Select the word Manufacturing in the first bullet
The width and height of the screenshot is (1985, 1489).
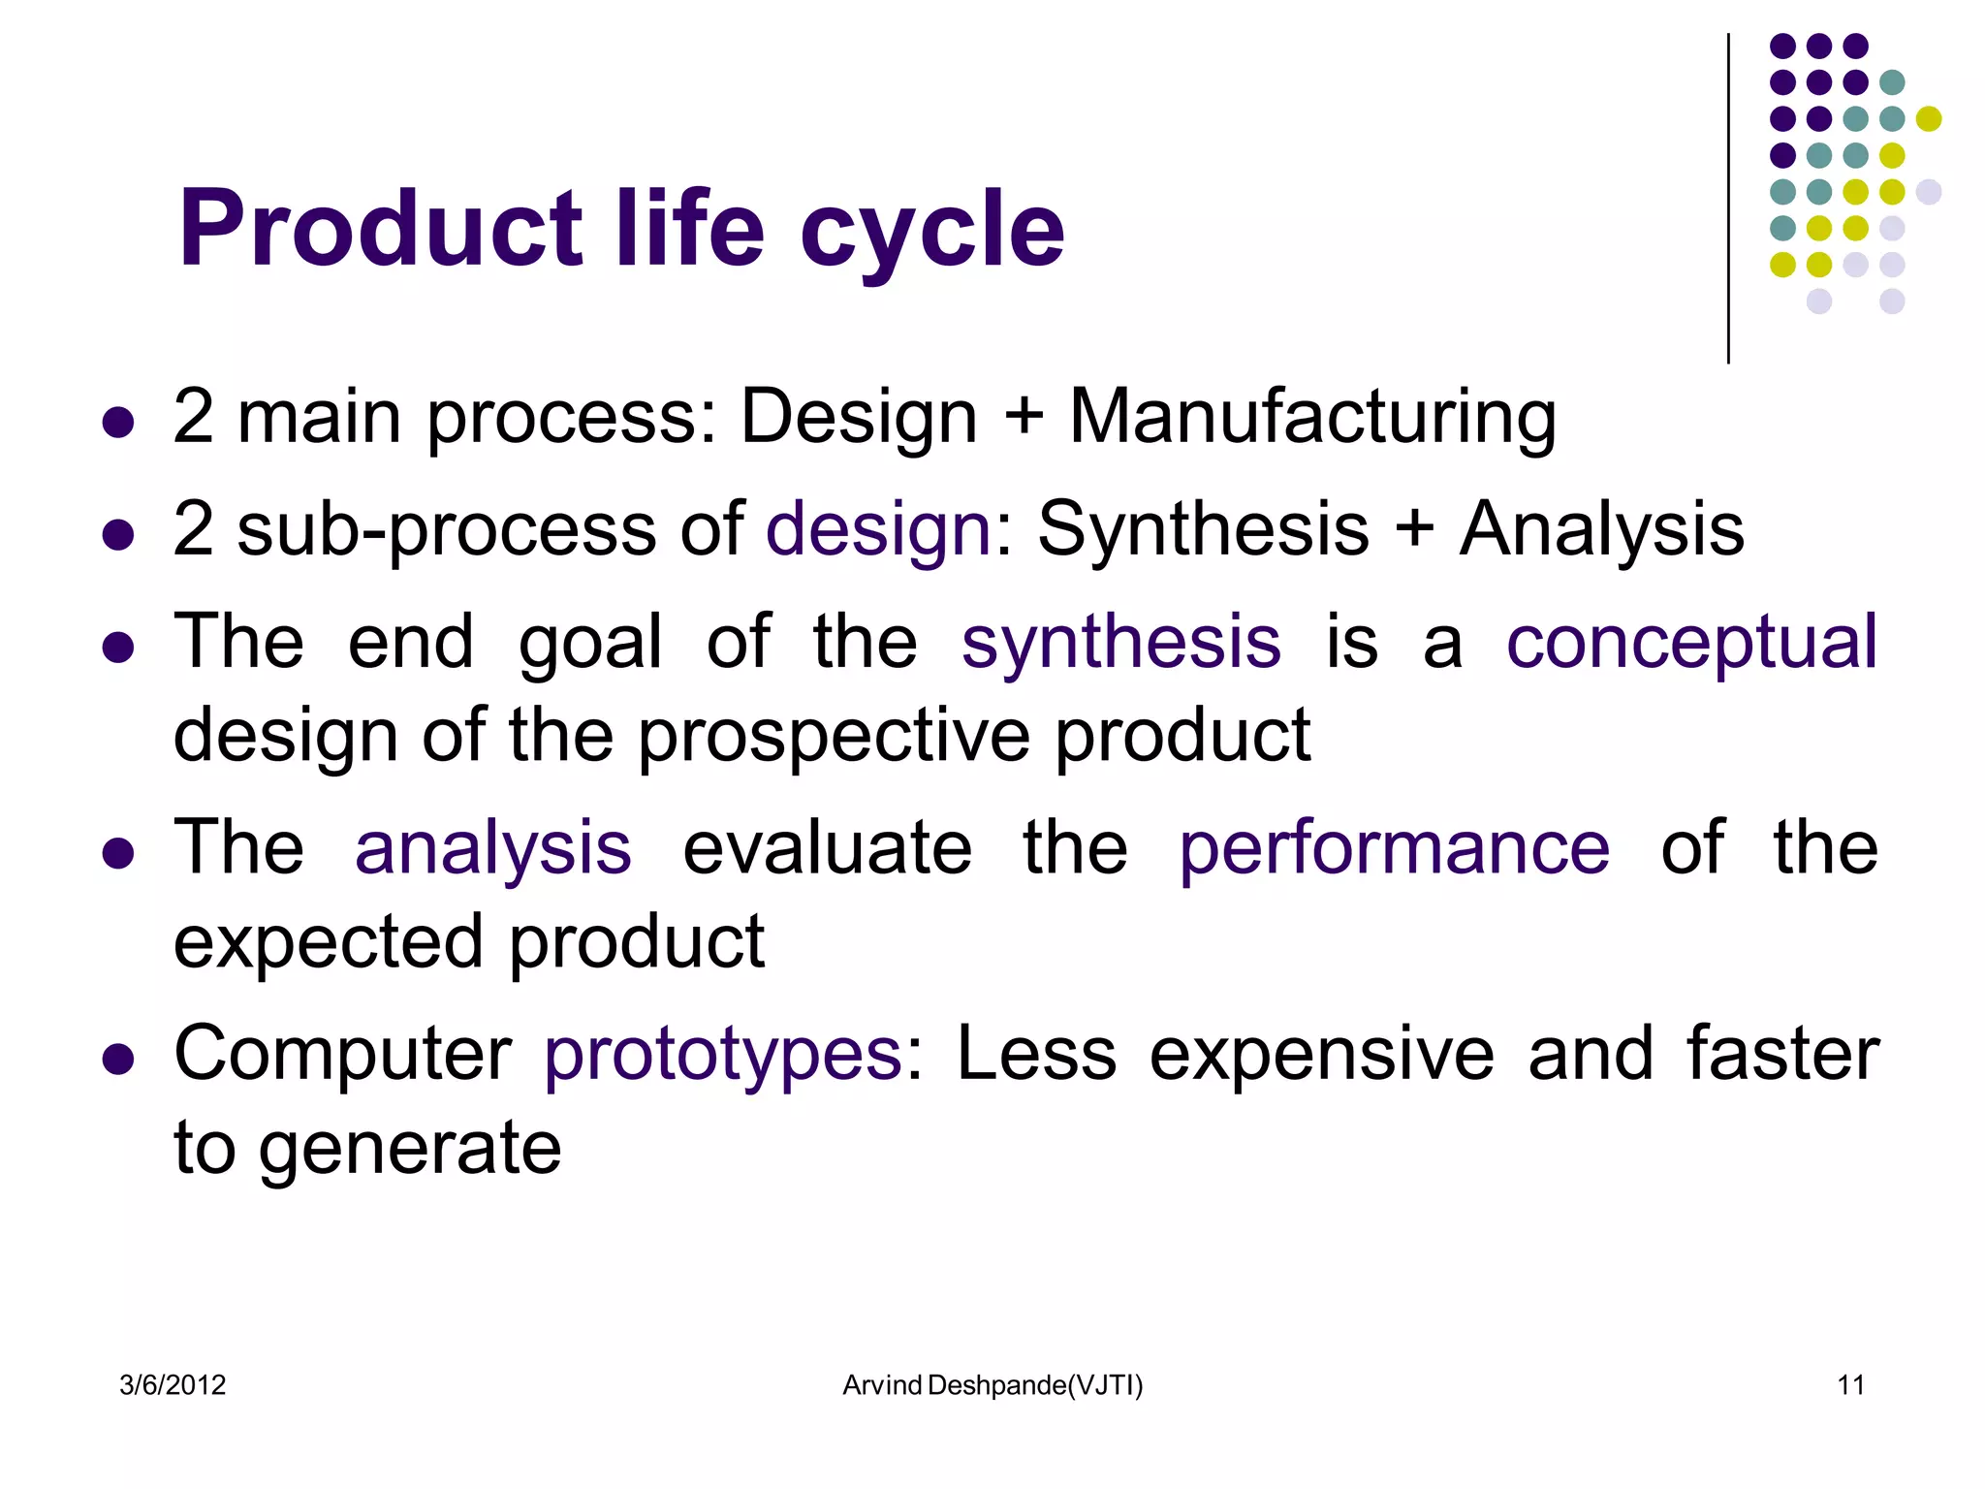1312,417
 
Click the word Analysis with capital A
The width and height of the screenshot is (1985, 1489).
1601,529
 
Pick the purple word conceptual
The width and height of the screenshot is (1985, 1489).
1691,644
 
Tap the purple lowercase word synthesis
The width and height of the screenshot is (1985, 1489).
1120,644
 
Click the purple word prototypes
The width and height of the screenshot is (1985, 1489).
723,1055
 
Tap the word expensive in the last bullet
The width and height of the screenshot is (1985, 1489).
1322,1055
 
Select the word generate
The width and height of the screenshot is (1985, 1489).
410,1150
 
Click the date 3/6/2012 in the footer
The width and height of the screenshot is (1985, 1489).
173,1385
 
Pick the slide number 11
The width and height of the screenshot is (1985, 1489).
1850,1385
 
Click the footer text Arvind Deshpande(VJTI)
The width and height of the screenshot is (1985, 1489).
992,1385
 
